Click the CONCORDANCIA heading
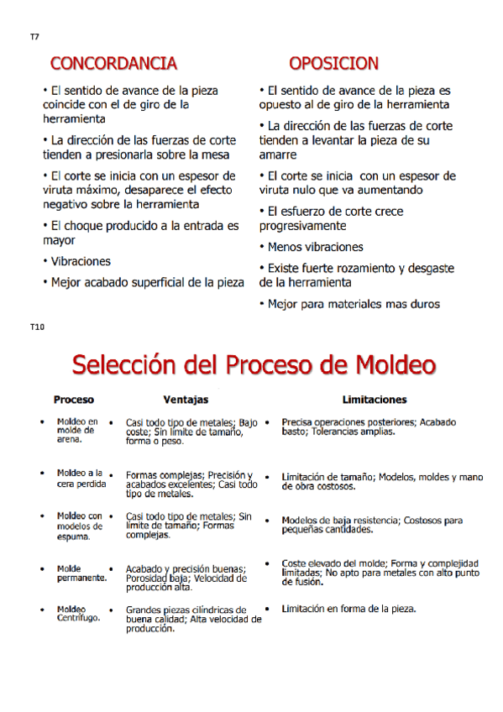coord(113,63)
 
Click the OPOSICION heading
coord(333,63)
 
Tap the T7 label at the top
coord(34,37)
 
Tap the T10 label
coord(36,327)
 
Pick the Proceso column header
coord(74,400)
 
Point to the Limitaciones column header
coord(375,400)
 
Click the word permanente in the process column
coord(81,578)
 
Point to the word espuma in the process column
coord(72,536)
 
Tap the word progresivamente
coord(302,227)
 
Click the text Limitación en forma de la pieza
coord(349,609)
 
